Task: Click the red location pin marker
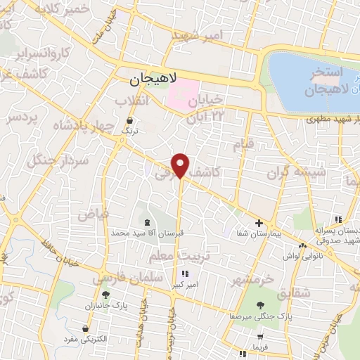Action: pos(181,165)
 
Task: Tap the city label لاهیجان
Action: pos(155,80)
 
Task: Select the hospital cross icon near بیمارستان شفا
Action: pos(259,222)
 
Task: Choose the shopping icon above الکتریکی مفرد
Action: pos(86,328)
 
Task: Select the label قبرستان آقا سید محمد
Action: pos(148,232)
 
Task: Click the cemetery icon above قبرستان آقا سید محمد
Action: pos(147,221)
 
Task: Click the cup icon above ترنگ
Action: pos(127,120)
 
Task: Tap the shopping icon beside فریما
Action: pos(242,349)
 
